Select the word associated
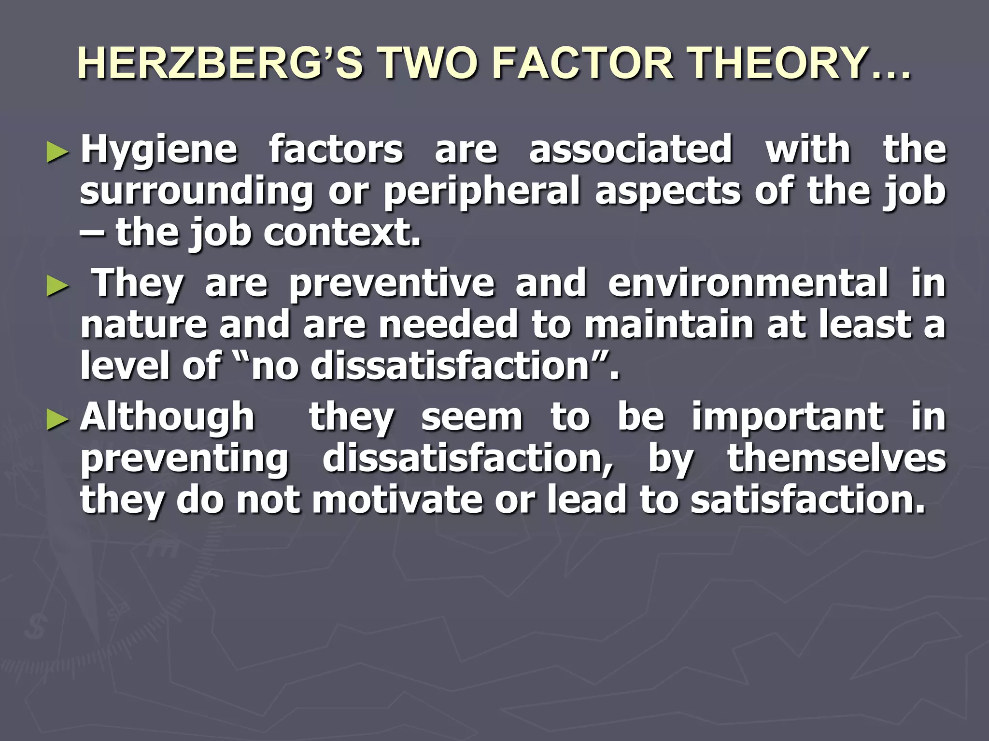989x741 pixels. pyautogui.click(x=630, y=149)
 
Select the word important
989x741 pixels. pyautogui.click(x=788, y=417)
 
